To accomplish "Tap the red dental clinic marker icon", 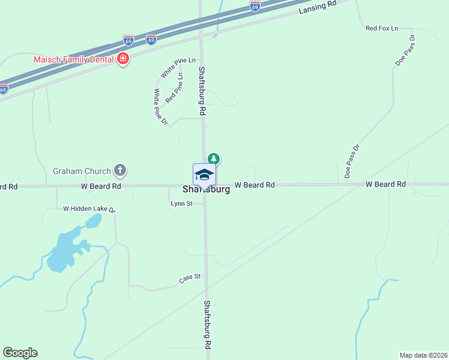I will [x=123, y=59].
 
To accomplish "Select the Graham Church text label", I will [x=82, y=171].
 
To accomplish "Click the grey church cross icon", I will [x=119, y=170].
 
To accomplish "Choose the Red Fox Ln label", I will [x=382, y=28].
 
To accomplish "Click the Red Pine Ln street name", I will [x=174, y=88].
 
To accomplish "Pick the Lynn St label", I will [x=181, y=204].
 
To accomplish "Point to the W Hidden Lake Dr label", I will [x=89, y=209].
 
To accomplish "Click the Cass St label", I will [x=189, y=279].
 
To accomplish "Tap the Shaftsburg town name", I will [x=206, y=190].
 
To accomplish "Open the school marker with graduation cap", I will [x=204, y=175].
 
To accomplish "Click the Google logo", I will [x=20, y=353].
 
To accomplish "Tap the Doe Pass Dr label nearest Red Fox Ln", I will [x=405, y=50].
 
